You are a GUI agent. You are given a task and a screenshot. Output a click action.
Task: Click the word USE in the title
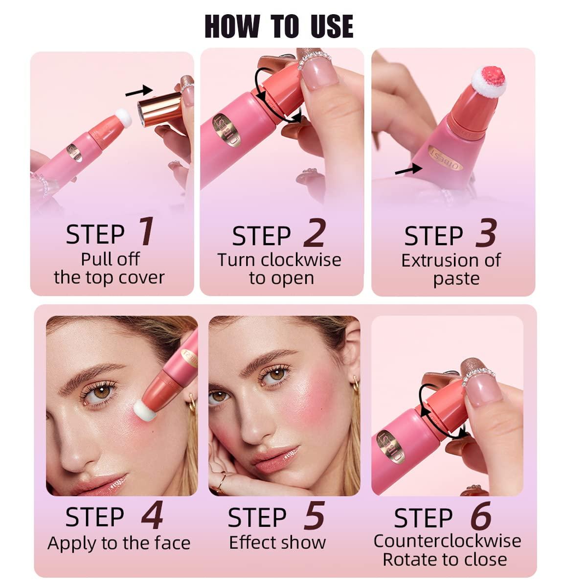pyautogui.click(x=332, y=26)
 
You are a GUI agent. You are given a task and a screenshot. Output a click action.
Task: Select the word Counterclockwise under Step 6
pyautogui.click(x=447, y=541)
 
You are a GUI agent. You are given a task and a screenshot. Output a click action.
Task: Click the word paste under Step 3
pyautogui.click(x=456, y=279)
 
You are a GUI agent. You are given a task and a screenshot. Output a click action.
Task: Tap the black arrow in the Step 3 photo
pyautogui.click(x=408, y=169)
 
